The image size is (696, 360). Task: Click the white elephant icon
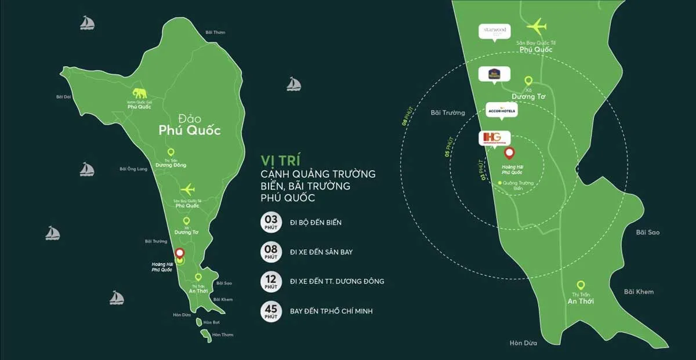(x=140, y=93)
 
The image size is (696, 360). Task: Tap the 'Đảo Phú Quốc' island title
(x=190, y=125)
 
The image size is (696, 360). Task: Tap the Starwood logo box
(x=494, y=31)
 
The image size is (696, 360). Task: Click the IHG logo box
(x=494, y=138)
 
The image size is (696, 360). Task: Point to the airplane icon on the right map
(x=536, y=26)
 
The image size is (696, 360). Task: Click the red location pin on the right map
(x=509, y=154)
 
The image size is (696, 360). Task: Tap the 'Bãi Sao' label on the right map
(x=647, y=232)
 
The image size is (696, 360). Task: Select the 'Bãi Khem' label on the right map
(x=639, y=292)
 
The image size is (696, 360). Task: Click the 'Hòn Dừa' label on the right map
(x=523, y=343)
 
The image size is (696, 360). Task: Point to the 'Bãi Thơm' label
(x=215, y=32)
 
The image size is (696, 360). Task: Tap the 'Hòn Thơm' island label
(x=222, y=334)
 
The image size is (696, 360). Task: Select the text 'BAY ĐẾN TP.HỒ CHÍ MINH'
(x=331, y=311)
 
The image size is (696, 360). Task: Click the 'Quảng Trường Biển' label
(x=517, y=186)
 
